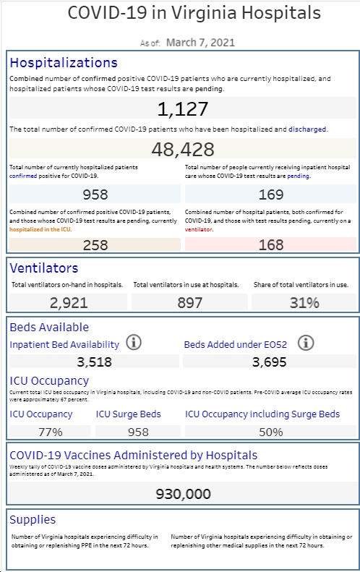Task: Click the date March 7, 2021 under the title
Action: pyautogui.click(x=200, y=43)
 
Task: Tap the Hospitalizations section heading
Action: pyautogui.click(x=64, y=63)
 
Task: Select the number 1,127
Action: pyautogui.click(x=183, y=108)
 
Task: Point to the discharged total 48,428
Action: pyautogui.click(x=183, y=149)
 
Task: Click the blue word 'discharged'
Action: pyautogui.click(x=307, y=129)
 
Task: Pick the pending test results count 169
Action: pyautogui.click(x=271, y=195)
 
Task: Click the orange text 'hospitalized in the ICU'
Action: pyautogui.click(x=40, y=229)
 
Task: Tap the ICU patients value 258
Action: pyautogui.click(x=95, y=244)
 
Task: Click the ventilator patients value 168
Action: pyautogui.click(x=271, y=244)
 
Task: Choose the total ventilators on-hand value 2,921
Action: pyautogui.click(x=69, y=303)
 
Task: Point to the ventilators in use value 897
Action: pyautogui.click(x=189, y=303)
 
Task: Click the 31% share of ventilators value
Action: pyautogui.click(x=304, y=303)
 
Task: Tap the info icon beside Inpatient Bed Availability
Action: pyautogui.click(x=134, y=343)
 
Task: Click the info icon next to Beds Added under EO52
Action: pyautogui.click(x=306, y=343)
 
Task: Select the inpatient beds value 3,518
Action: pyautogui.click(x=94, y=362)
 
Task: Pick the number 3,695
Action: pyautogui.click(x=269, y=362)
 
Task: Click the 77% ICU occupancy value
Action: pyautogui.click(x=51, y=432)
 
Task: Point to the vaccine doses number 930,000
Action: pyautogui.click(x=183, y=494)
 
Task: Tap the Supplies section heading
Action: pyautogui.click(x=33, y=519)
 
